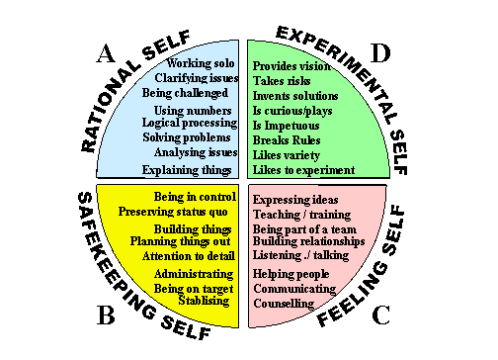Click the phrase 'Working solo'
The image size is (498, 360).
(x=202, y=63)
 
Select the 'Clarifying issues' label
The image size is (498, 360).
(x=197, y=78)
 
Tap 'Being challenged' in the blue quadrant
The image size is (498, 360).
(x=185, y=93)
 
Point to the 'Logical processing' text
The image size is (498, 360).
(x=190, y=123)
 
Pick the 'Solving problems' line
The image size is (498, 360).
(x=189, y=137)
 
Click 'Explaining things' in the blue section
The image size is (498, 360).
(x=187, y=170)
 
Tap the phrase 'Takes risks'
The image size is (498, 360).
(x=283, y=80)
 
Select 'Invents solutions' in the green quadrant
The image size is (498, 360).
(x=295, y=96)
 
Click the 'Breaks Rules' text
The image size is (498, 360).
(x=286, y=140)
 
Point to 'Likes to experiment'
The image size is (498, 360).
(x=303, y=171)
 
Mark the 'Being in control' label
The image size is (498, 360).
(x=195, y=197)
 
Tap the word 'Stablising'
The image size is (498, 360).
(x=205, y=300)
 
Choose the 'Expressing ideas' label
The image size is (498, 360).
(x=295, y=200)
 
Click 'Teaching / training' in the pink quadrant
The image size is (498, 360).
(x=298, y=214)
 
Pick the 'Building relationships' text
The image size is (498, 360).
(x=309, y=241)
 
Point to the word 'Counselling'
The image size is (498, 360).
(x=284, y=304)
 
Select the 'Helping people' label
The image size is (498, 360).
(x=290, y=273)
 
